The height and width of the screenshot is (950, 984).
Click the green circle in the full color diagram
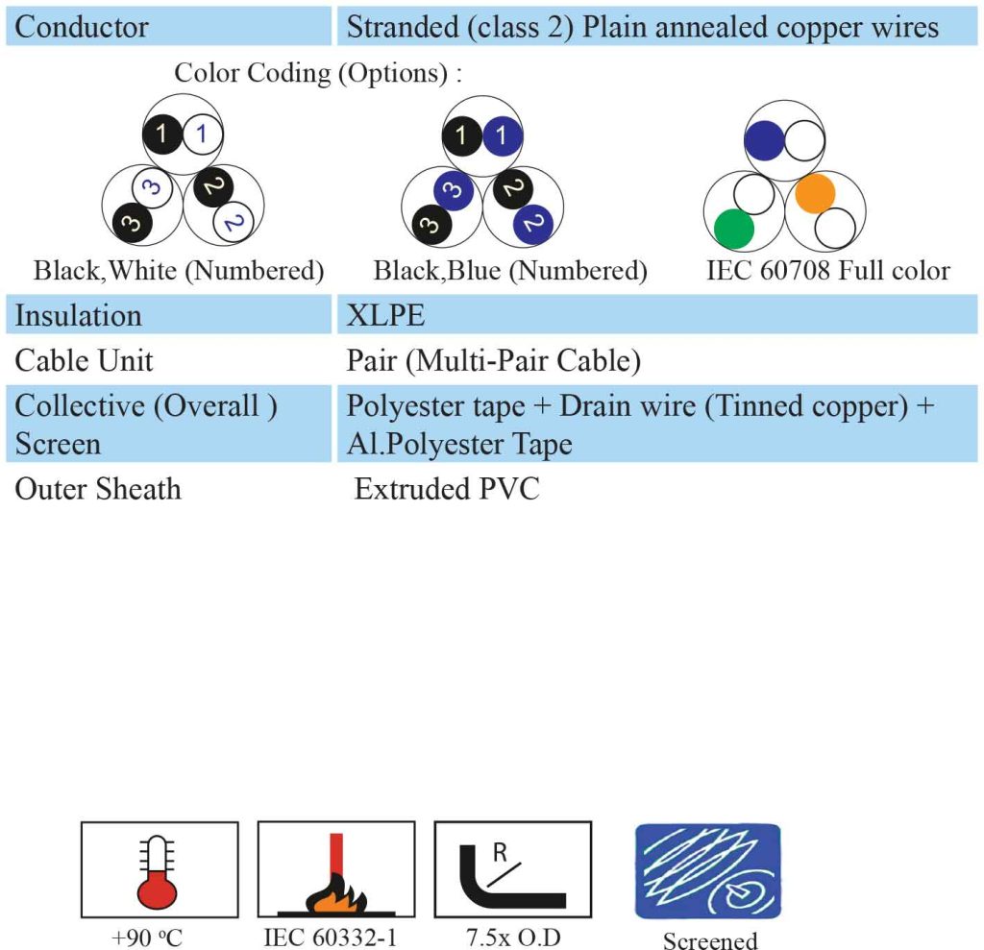tap(733, 229)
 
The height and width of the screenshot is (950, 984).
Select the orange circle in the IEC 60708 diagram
tap(815, 194)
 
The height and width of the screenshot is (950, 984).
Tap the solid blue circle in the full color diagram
tap(764, 140)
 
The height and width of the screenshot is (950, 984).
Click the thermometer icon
tap(157, 872)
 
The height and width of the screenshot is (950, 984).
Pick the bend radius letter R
tap(500, 853)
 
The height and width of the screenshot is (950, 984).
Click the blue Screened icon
tap(708, 871)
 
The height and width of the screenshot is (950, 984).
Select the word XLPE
tap(385, 315)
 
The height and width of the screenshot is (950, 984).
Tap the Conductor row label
tap(82, 27)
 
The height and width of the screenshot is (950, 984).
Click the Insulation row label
tap(79, 315)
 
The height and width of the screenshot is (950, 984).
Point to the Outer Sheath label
tap(98, 489)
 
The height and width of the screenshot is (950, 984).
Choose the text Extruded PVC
tap(447, 489)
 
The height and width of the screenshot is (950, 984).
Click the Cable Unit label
tap(85, 361)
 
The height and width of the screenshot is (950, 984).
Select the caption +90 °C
tap(147, 938)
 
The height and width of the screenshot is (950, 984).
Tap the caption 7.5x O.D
tap(513, 938)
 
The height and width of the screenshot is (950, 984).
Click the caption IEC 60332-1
tap(331, 938)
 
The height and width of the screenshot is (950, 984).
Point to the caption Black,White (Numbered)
tap(179, 271)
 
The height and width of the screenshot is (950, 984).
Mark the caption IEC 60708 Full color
tap(828, 271)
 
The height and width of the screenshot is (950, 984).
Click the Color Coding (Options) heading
tap(318, 73)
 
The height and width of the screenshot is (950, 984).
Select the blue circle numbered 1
tap(502, 135)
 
